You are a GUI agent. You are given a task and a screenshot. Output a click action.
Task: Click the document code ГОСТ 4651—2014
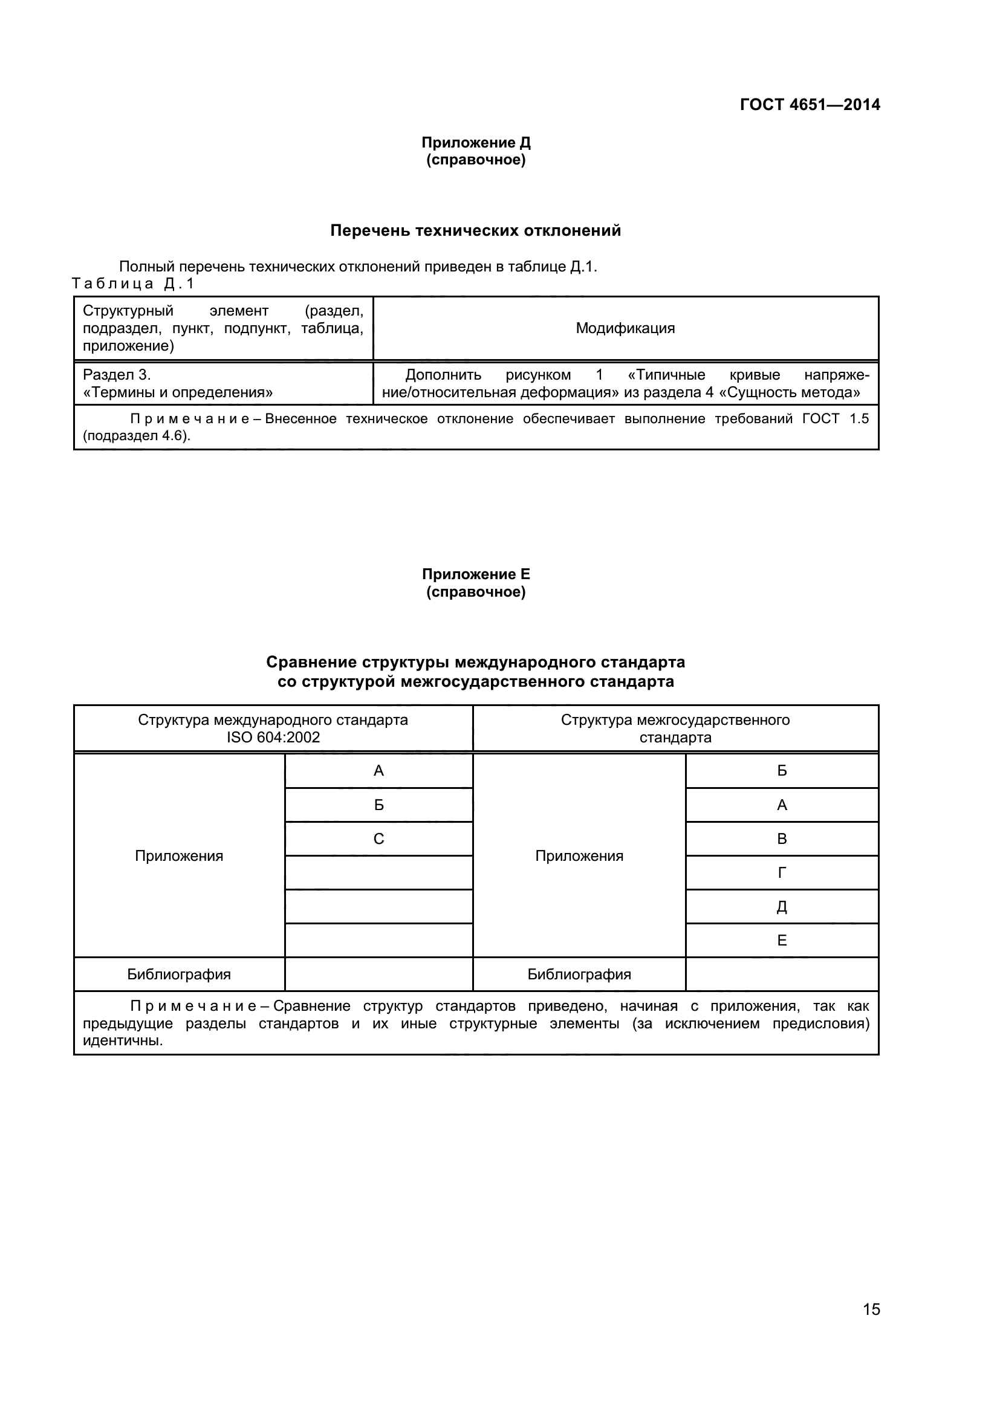click(x=809, y=105)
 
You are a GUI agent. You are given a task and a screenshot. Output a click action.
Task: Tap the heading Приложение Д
click(x=475, y=142)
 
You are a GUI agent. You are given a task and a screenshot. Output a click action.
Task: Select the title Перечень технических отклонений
click(x=475, y=230)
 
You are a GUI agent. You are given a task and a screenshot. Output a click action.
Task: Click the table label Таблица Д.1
click(x=133, y=284)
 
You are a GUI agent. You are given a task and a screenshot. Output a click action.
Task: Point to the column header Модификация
click(x=625, y=328)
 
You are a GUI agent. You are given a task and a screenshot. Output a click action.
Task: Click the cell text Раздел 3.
click(x=117, y=374)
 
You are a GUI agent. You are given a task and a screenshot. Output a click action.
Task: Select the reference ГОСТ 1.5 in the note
click(x=835, y=419)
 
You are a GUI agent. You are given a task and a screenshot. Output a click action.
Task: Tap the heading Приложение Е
click(x=475, y=574)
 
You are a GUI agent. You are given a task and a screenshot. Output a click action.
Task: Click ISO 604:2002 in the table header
click(x=273, y=737)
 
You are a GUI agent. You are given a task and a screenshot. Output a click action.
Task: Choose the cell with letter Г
click(x=782, y=872)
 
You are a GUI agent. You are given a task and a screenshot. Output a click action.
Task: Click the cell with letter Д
click(x=782, y=907)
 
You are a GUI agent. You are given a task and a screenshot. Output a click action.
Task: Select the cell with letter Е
click(x=782, y=940)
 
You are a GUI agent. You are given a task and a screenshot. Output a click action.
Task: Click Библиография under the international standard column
click(x=179, y=974)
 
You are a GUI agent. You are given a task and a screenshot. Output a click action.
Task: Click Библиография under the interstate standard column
click(x=579, y=974)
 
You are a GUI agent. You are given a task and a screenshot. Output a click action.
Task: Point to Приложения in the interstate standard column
click(x=579, y=855)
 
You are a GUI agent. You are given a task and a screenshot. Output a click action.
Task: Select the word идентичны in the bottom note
click(x=123, y=1041)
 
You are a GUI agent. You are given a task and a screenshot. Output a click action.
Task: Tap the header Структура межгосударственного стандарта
click(x=675, y=728)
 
